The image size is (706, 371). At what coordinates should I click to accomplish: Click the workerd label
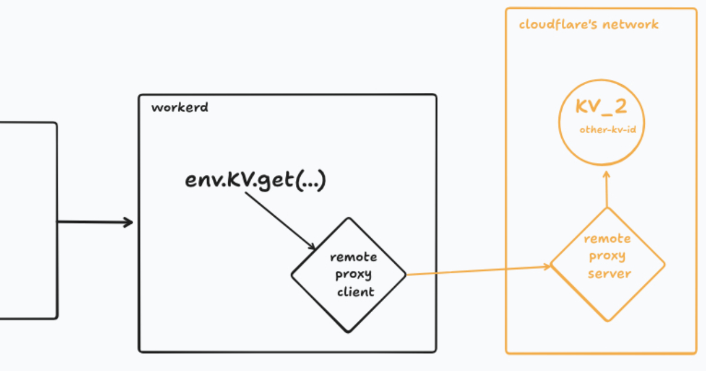[179, 108]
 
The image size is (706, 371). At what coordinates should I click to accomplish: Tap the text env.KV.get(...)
[255, 180]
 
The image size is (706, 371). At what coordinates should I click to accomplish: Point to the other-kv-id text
[608, 129]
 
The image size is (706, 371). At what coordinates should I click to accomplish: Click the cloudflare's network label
[588, 25]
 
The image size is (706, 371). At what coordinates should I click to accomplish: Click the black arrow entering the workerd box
[94, 222]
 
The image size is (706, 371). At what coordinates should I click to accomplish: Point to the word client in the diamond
[356, 291]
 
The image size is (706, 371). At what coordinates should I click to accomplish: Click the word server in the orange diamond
[610, 274]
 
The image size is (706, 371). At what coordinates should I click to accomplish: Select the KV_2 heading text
[601, 107]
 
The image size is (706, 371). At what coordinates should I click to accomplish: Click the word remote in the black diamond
[354, 257]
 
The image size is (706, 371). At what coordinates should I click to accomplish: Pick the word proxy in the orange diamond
[607, 256]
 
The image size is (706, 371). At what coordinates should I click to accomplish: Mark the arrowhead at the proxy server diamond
[547, 266]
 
